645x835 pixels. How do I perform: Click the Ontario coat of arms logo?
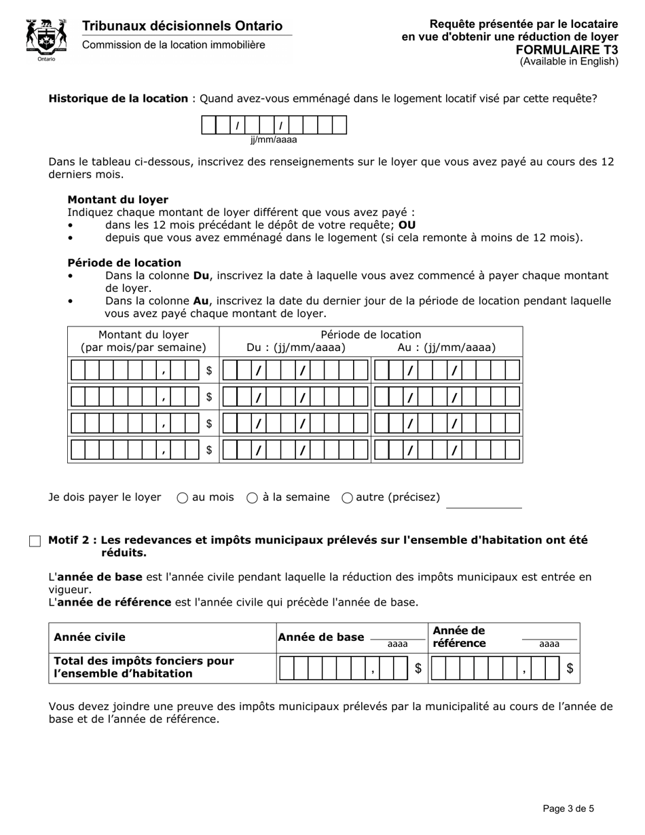46,39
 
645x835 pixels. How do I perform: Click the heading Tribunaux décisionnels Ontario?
182,26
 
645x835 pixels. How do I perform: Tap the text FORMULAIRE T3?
567,50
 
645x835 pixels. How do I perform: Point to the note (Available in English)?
569,62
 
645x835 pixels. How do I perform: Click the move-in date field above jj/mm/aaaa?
274,126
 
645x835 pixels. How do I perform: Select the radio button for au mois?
182,498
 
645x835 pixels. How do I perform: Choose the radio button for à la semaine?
252,498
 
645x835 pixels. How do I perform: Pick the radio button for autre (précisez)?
347,498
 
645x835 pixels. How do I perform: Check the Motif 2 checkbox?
35,541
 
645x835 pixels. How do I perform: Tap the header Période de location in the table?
371,335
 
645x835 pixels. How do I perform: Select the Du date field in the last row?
295,449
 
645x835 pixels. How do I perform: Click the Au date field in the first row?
447,370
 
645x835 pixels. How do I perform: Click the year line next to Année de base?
397,635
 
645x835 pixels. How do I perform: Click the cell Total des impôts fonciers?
143,667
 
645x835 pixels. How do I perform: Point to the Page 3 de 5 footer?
568,808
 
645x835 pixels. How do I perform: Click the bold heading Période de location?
124,263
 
